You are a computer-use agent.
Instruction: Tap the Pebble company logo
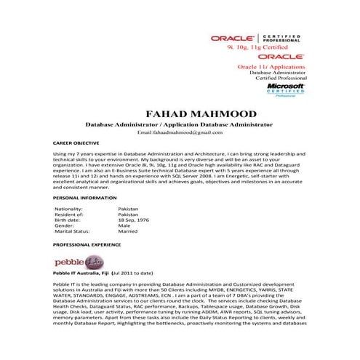pos(74,261)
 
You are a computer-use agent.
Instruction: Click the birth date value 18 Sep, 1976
pos(134,220)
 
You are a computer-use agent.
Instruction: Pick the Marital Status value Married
pos(128,231)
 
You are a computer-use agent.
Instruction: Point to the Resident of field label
pos(69,215)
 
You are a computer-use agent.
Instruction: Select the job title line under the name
pos(190,125)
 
